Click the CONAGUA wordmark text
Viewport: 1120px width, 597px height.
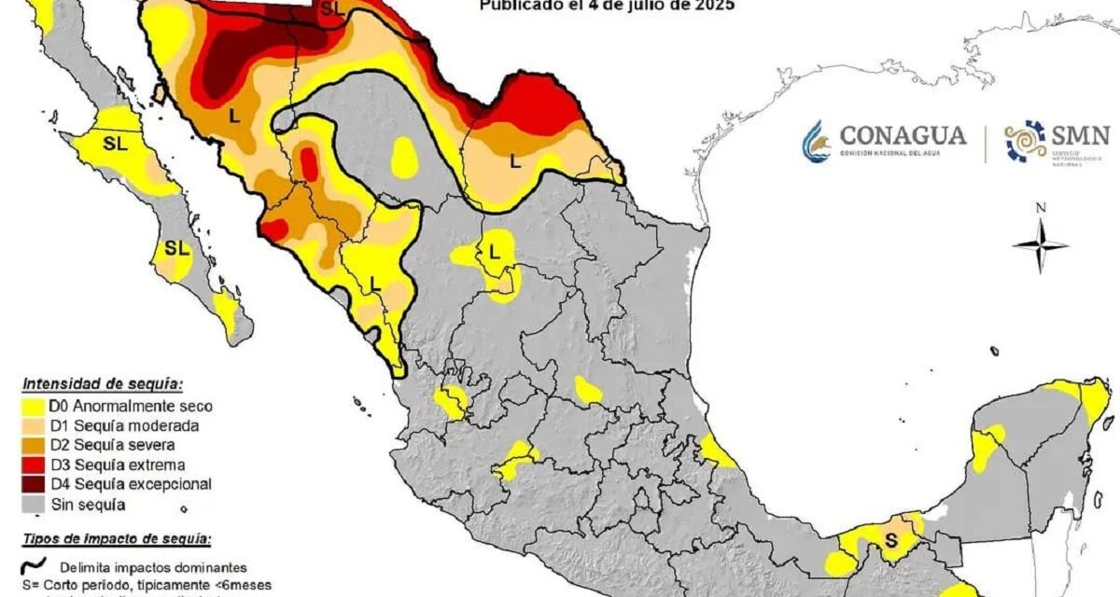pos(902,135)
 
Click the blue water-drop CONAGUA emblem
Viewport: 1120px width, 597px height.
pos(816,141)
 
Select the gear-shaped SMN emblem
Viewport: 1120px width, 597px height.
pos(1025,141)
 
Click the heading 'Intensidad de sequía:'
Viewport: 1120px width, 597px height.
pos(102,383)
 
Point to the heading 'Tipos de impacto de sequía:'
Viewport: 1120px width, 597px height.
pos(116,539)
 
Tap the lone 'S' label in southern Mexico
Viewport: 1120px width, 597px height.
pos(891,540)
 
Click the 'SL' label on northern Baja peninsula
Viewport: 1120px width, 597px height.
pos(115,144)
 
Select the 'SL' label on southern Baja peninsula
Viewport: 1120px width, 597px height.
pos(175,248)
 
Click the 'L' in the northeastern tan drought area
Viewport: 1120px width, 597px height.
pos(514,160)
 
